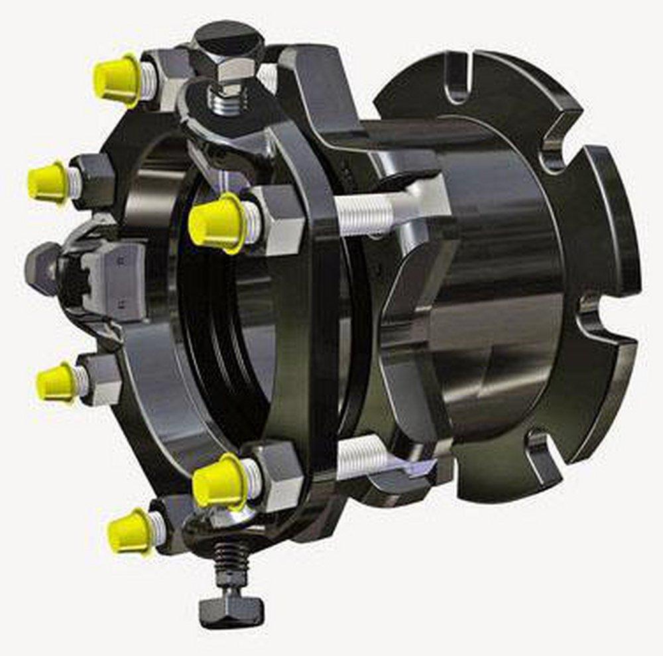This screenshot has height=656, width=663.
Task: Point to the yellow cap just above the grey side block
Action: (x=48, y=181)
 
